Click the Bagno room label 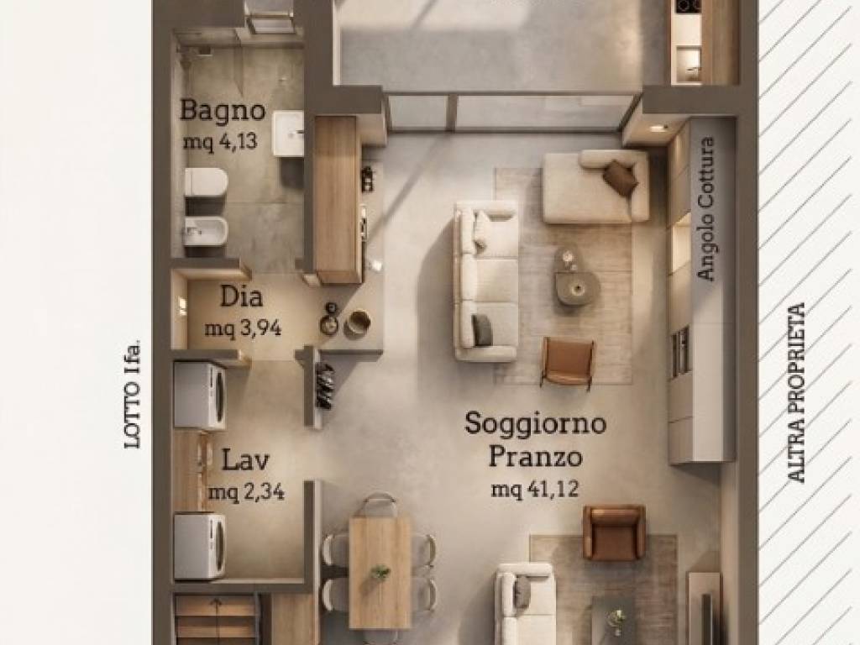pyautogui.click(x=223, y=110)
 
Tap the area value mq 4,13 pyautogui.click(x=220, y=141)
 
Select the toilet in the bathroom pyautogui.click(x=206, y=181)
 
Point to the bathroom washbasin pyautogui.click(x=288, y=134)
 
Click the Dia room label pyautogui.click(x=241, y=297)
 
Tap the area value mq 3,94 pyautogui.click(x=243, y=328)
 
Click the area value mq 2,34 pyautogui.click(x=245, y=492)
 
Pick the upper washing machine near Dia pyautogui.click(x=200, y=396)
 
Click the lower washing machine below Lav pyautogui.click(x=200, y=546)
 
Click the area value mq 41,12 pyautogui.click(x=535, y=490)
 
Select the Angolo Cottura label pyautogui.click(x=705, y=208)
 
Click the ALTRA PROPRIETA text pyautogui.click(x=797, y=392)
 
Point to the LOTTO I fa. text pyautogui.click(x=131, y=394)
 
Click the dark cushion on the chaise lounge pyautogui.click(x=620, y=178)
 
